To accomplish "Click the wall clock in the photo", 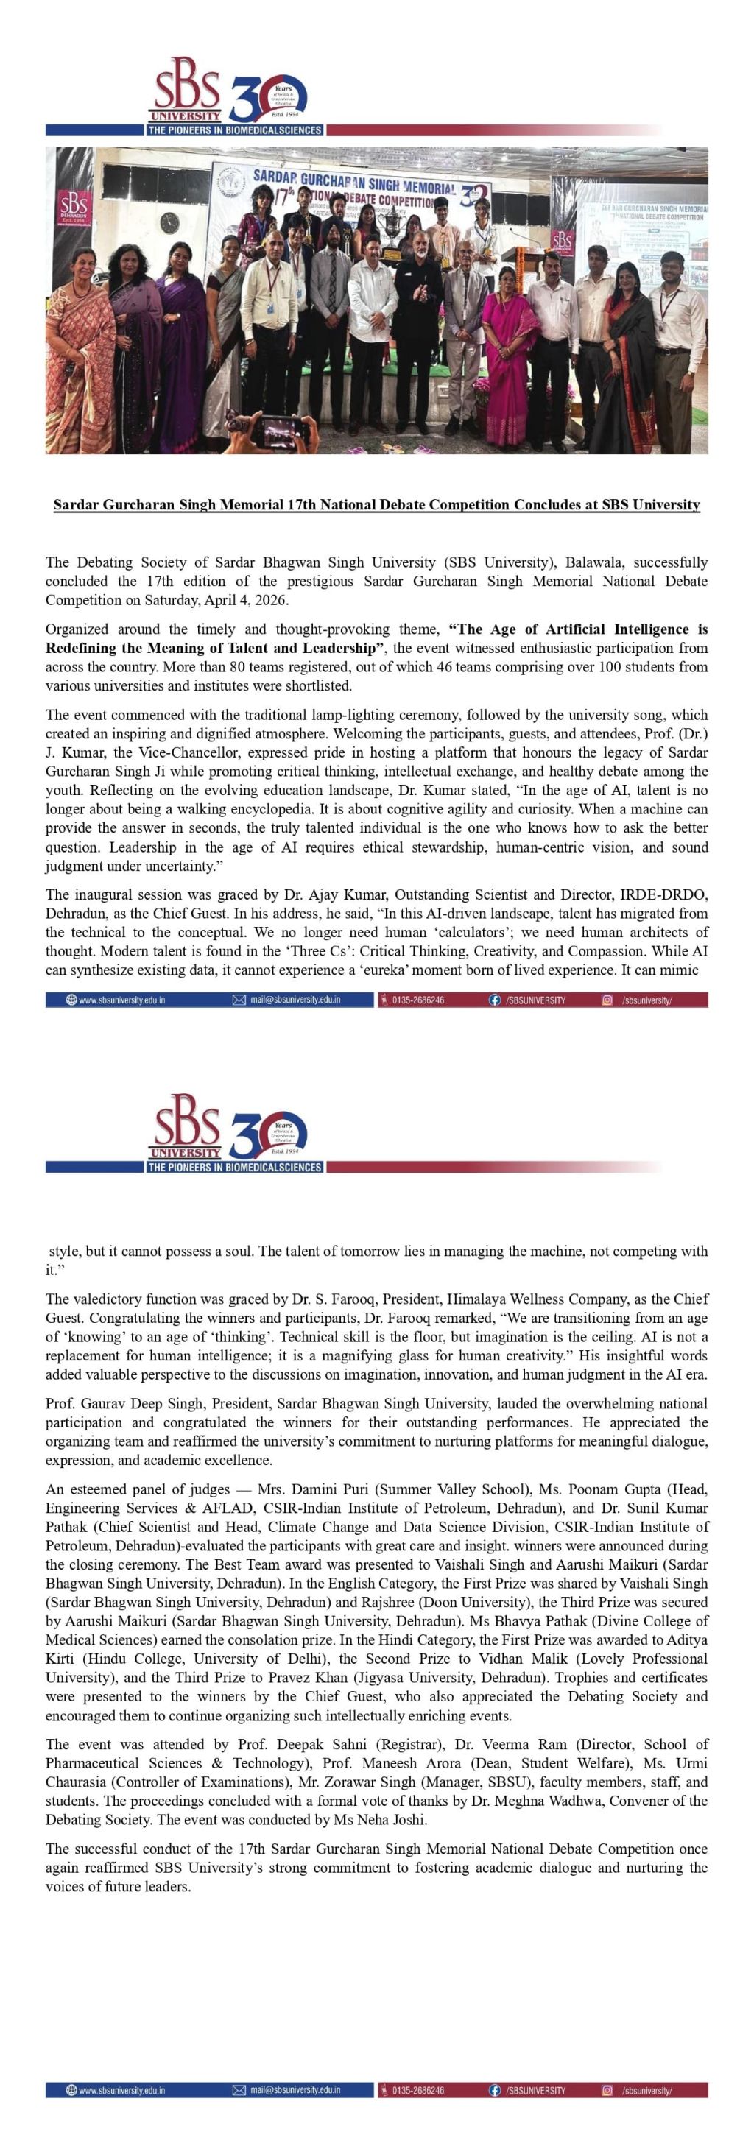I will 169,222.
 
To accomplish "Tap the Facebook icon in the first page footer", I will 495,1000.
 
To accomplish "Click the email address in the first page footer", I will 295,1000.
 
